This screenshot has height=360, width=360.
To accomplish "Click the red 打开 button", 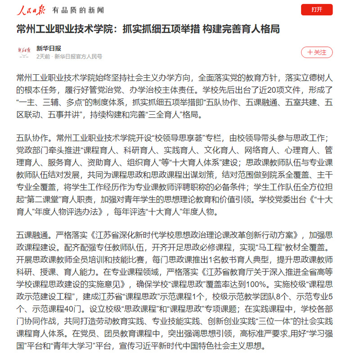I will (x=317, y=9).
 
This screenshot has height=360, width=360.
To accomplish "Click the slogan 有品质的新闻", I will (x=77, y=10).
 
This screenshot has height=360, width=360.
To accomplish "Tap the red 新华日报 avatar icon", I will (x=26, y=52).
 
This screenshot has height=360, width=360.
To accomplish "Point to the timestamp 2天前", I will (x=43, y=57).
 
